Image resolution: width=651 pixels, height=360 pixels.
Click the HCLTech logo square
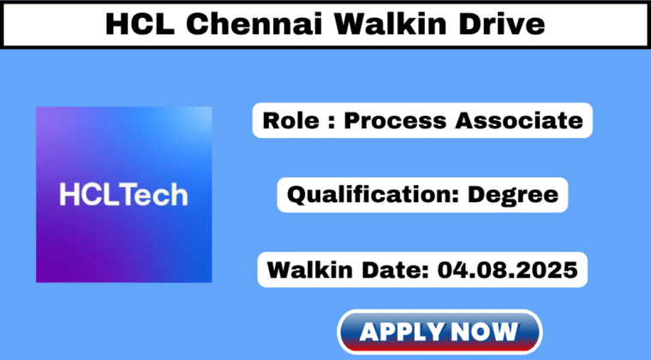pos(123,195)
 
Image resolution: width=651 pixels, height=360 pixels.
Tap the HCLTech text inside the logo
pos(123,195)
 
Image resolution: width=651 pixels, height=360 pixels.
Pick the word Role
pos(289,120)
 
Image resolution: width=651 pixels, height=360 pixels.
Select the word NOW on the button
pos(487,331)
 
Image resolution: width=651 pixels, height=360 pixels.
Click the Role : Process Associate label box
pos(422,120)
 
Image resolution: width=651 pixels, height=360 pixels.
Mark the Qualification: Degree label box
pos(422,195)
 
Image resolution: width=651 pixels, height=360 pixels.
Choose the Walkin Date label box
pos(422,270)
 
